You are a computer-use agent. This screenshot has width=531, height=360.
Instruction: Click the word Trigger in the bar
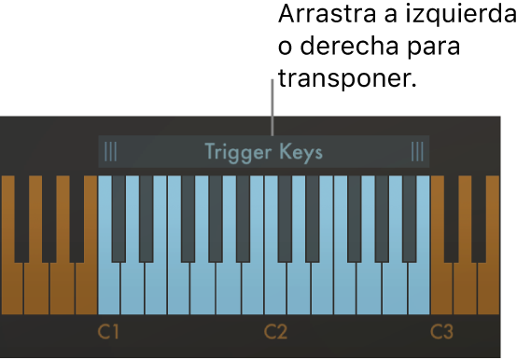click(235, 152)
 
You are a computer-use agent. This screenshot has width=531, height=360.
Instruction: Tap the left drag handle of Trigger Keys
click(111, 151)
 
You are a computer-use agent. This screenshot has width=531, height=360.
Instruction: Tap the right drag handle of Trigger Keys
click(417, 151)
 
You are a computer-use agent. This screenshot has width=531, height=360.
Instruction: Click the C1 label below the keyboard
click(109, 332)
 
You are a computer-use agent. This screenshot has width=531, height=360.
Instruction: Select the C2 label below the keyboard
click(275, 332)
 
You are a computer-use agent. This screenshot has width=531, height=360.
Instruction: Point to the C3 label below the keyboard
click(441, 332)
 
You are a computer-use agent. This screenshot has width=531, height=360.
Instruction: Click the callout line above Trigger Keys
click(272, 107)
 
